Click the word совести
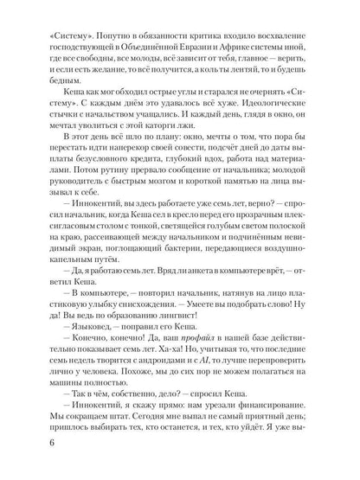[x=184, y=163]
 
